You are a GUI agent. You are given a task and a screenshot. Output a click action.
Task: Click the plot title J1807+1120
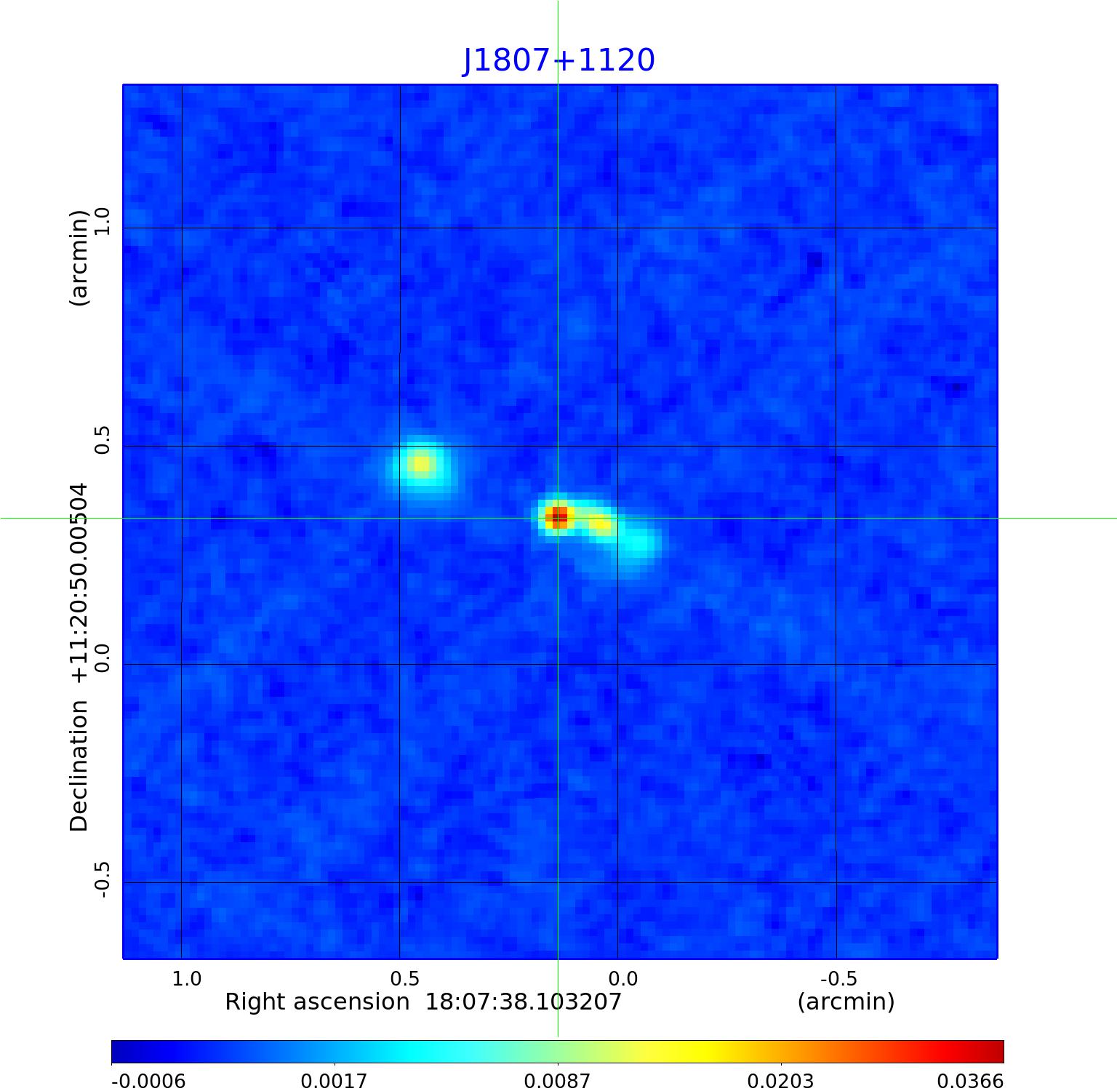pyautogui.click(x=558, y=60)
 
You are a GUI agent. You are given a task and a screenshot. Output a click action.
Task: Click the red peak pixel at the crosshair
pyautogui.click(x=558, y=517)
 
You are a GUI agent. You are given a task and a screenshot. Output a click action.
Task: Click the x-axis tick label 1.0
pyautogui.click(x=187, y=978)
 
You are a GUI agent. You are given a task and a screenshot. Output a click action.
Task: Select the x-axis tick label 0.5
pyautogui.click(x=404, y=978)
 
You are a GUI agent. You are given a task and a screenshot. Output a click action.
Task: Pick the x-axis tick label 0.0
pyautogui.click(x=622, y=978)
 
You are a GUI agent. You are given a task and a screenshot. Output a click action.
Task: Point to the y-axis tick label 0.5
pyautogui.click(x=101, y=440)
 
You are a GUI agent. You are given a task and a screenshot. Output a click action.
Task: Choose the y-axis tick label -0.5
pyautogui.click(x=101, y=879)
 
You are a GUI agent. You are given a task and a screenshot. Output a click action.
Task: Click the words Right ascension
pyautogui.click(x=317, y=1002)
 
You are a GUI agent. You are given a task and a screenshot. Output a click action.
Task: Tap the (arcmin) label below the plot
pyautogui.click(x=846, y=1002)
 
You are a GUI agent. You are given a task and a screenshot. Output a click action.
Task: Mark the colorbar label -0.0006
pyautogui.click(x=148, y=1081)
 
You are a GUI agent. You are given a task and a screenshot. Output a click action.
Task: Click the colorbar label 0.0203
pyautogui.click(x=780, y=1081)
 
